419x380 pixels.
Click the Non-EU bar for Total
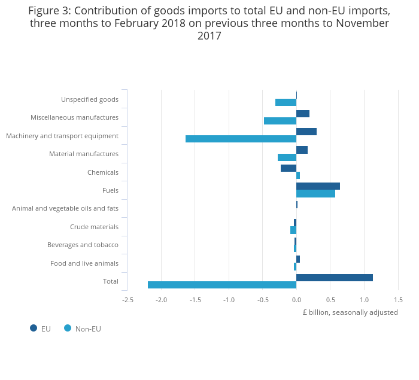tap(222, 285)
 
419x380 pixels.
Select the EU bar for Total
tap(335, 278)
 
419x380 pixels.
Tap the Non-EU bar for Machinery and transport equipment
tap(241, 139)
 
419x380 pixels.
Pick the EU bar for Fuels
tap(318, 186)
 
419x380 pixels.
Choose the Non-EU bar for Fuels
tap(315, 193)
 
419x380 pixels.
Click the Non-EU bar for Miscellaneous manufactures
tap(280, 121)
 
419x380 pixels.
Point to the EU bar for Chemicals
tap(289, 168)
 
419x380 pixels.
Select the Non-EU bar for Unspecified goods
tap(286, 102)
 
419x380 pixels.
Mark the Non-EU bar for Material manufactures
tap(287, 157)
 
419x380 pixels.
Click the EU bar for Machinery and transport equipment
tap(306, 132)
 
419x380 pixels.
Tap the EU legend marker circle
tap(34, 328)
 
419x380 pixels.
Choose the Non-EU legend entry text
tap(88, 329)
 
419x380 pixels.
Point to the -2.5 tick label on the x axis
tap(127, 300)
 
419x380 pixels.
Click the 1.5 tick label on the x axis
tap(398, 300)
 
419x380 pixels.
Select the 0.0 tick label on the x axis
tap(296, 300)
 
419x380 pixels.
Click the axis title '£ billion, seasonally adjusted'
tap(350, 312)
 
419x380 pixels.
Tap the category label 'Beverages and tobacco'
tap(83, 245)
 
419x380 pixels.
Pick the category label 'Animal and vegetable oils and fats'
tap(65, 208)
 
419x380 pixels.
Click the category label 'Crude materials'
tap(94, 227)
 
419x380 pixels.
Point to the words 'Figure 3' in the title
tap(48, 11)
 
